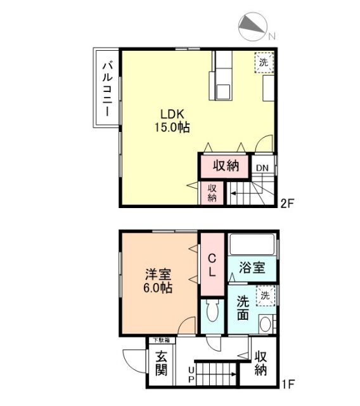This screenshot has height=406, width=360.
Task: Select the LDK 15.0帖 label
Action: (172, 121)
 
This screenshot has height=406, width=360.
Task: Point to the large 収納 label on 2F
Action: (226, 166)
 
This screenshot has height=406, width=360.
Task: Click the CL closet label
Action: (213, 265)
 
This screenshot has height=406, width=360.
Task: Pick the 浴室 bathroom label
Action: (252, 267)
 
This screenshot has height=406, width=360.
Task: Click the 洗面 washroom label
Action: (242, 308)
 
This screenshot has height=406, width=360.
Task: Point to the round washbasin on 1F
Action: (266, 325)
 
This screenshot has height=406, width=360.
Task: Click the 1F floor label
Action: (289, 383)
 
